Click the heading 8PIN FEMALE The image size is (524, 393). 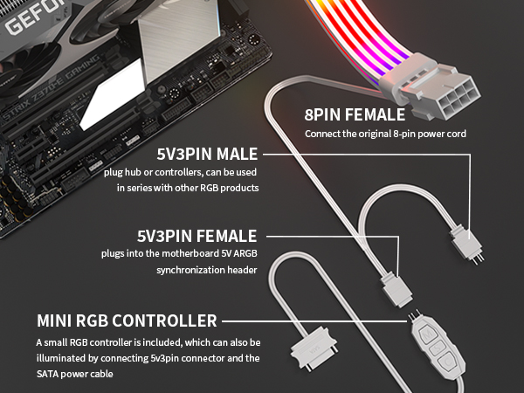355,114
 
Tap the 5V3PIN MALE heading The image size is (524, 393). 207,154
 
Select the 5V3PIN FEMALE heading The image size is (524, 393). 196,236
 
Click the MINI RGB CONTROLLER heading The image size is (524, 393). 127,321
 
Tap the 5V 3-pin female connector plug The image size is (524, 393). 396,290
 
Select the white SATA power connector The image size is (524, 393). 314,348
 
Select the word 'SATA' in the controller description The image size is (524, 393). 47,374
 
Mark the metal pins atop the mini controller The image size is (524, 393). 413,317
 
